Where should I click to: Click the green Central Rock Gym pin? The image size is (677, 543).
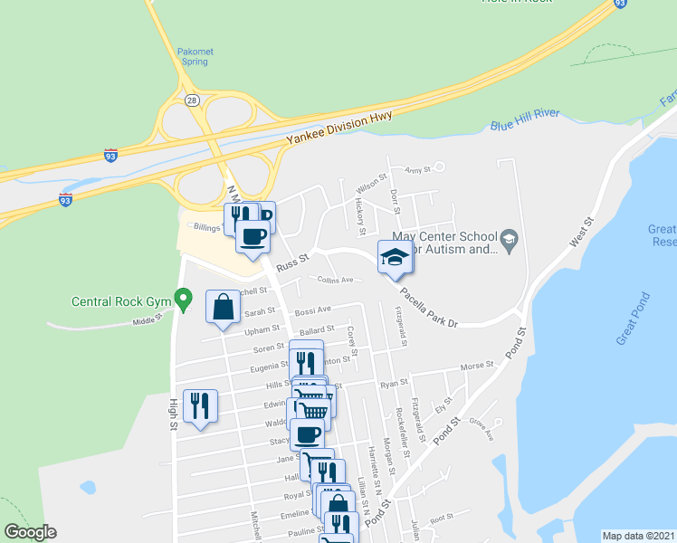coord(184,298)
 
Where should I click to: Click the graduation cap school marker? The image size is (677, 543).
coord(395,258)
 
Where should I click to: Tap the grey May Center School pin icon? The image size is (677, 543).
coord(510,238)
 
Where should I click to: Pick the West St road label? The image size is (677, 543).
coord(581,232)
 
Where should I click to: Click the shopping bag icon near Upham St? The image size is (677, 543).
coord(224,308)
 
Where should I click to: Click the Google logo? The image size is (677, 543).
coord(30,532)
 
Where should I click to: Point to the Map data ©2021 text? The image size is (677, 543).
coord(638,535)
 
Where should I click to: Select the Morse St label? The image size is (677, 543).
coord(477,367)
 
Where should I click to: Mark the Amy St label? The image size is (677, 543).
coord(417,169)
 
